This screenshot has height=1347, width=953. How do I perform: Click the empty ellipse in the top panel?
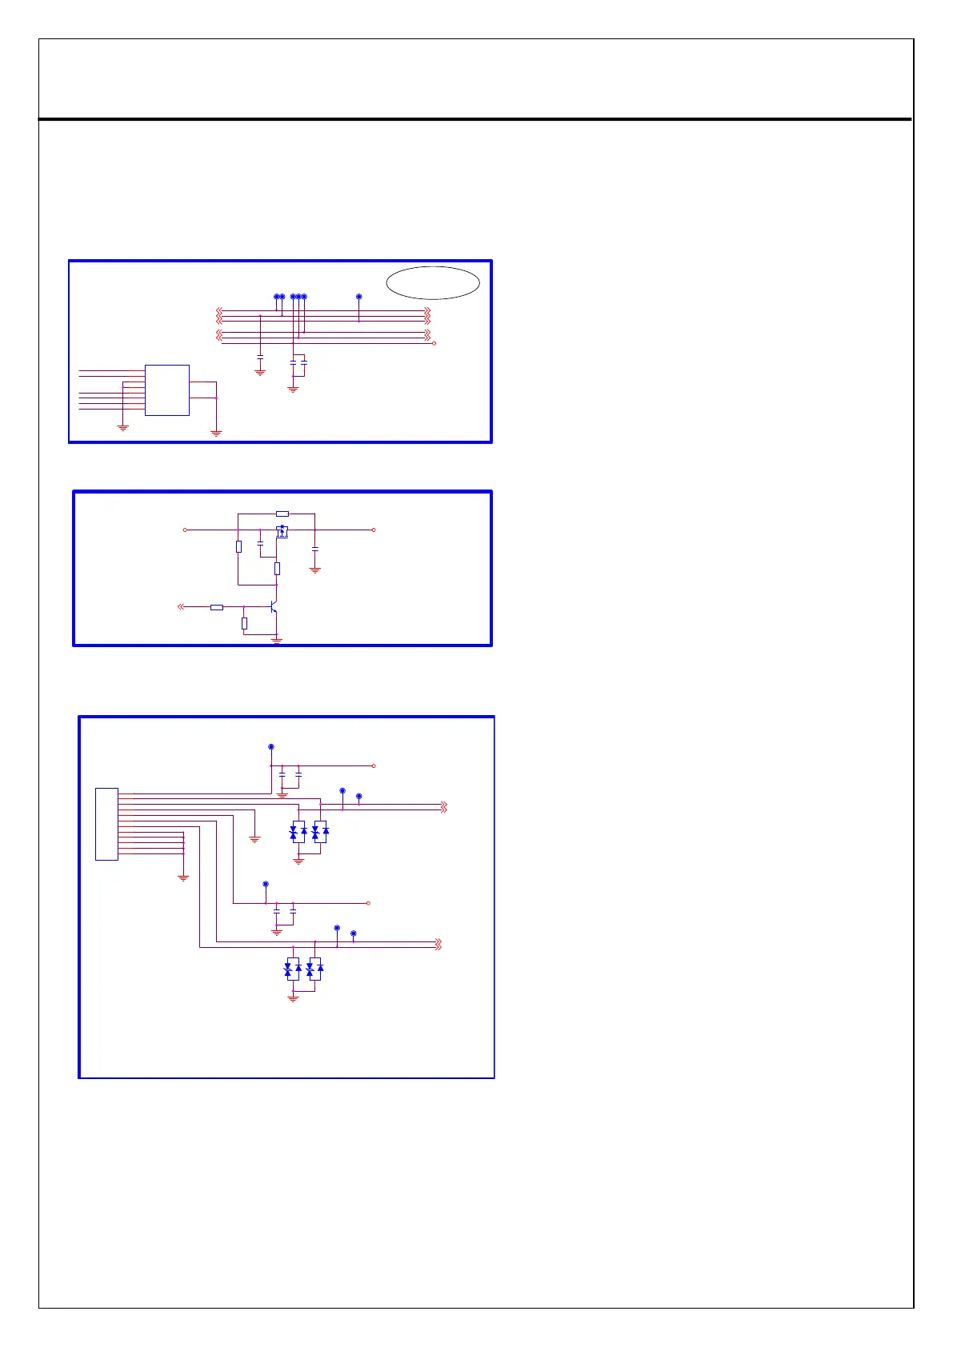coord(433,282)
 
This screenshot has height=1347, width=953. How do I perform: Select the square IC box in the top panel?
coord(166,390)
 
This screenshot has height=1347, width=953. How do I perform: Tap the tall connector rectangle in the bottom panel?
coord(106,824)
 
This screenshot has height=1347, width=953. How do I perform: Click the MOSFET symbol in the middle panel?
coord(282,531)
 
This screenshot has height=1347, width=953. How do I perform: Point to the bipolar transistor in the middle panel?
coord(274,609)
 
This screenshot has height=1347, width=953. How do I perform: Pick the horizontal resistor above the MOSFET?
coord(282,514)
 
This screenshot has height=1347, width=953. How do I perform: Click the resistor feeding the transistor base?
coord(216,608)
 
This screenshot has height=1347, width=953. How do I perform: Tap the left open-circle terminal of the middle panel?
coord(185,530)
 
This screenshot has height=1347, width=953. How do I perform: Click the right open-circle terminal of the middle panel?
coord(374,530)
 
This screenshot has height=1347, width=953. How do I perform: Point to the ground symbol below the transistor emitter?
coord(277,641)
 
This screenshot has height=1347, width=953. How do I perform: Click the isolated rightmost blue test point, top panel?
coord(358,297)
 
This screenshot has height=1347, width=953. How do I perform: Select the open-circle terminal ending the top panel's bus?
coord(434,343)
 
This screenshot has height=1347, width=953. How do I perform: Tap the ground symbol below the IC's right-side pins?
coord(216,433)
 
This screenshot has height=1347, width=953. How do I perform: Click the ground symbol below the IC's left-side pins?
coord(123,428)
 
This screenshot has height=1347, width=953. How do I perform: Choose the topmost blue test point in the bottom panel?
coord(270,746)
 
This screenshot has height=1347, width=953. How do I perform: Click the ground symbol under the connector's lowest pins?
coord(183,877)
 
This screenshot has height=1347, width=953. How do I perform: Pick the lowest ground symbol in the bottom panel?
coord(293,998)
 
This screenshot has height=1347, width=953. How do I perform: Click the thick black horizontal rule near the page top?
coord(475,120)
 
